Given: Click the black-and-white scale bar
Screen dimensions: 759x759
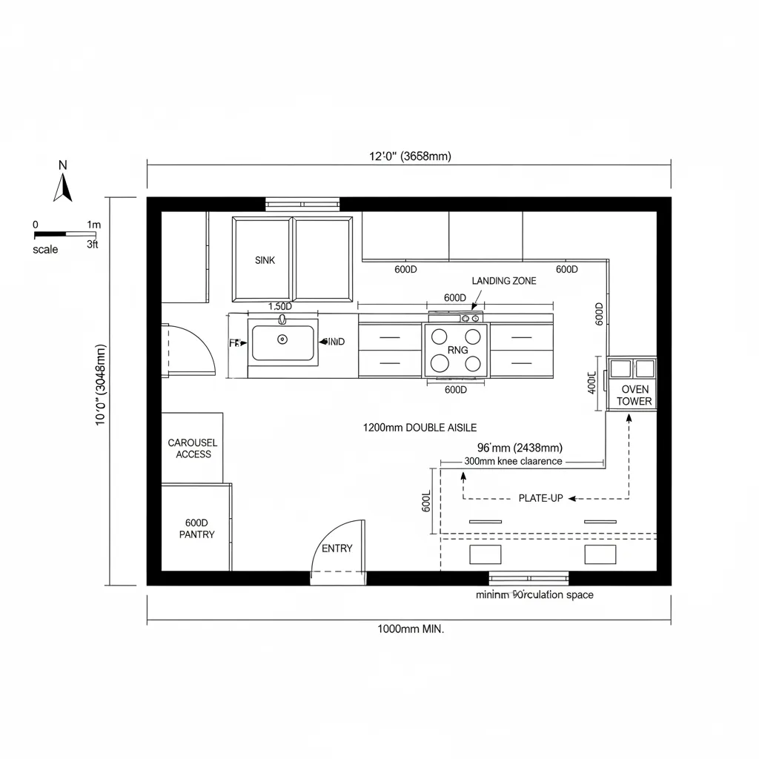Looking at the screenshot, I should pyautogui.click(x=65, y=233).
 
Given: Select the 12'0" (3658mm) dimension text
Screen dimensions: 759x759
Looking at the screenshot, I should pyautogui.click(x=410, y=156).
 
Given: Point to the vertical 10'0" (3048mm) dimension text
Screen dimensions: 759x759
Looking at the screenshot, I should pyautogui.click(x=102, y=391).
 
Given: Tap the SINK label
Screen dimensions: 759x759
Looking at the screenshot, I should pyautogui.click(x=265, y=260).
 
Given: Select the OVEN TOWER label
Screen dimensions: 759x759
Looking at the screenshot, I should pyautogui.click(x=635, y=395).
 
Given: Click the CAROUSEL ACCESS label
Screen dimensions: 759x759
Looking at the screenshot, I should pyautogui.click(x=193, y=448).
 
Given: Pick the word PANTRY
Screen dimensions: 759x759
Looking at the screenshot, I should pyautogui.click(x=197, y=534).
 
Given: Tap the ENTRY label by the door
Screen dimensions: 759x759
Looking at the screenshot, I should pyautogui.click(x=337, y=548).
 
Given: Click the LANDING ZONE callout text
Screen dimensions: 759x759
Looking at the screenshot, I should pyautogui.click(x=503, y=281).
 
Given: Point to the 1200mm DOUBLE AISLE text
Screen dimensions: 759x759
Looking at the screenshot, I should pyautogui.click(x=420, y=428).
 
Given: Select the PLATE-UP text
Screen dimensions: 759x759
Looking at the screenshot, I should pyautogui.click(x=540, y=498).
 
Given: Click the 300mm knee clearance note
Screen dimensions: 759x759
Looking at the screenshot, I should pyautogui.click(x=513, y=461).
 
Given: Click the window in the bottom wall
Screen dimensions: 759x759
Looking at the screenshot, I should pyautogui.click(x=528, y=578).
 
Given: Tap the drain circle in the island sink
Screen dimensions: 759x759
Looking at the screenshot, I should pyautogui.click(x=282, y=339).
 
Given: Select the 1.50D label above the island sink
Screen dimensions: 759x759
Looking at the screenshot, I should pyautogui.click(x=279, y=306).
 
